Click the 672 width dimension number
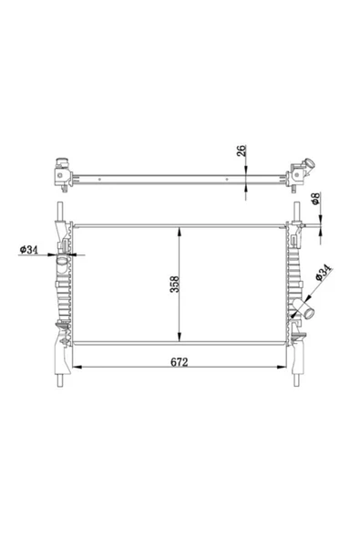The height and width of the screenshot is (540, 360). [180, 362]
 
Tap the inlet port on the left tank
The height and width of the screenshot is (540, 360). [62, 265]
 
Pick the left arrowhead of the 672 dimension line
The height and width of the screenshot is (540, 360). [75, 369]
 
